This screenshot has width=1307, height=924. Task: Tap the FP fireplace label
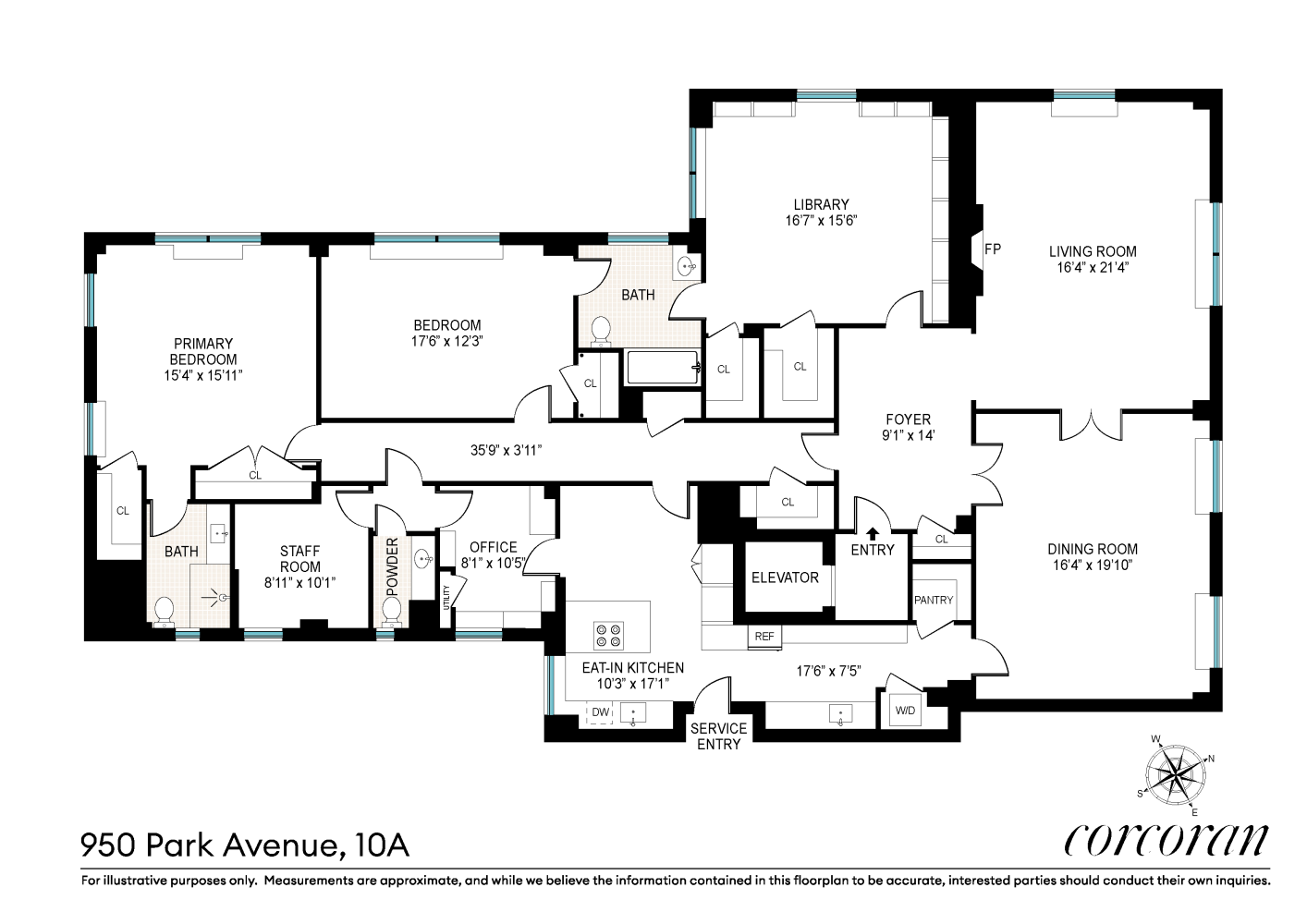(993, 249)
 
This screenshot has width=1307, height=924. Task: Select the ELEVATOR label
(785, 577)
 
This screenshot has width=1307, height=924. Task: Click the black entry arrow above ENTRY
(873, 532)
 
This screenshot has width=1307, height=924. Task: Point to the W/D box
(903, 711)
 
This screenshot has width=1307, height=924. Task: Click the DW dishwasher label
(601, 711)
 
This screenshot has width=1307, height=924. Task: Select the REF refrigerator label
(763, 637)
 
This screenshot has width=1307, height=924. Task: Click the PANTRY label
(934, 600)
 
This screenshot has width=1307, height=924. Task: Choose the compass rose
(1175, 774)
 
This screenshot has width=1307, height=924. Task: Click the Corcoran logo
(1167, 839)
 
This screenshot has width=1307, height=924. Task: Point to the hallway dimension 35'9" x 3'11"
(506, 451)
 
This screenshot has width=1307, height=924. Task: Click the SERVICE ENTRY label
(719, 736)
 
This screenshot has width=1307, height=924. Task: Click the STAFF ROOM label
(300, 559)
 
